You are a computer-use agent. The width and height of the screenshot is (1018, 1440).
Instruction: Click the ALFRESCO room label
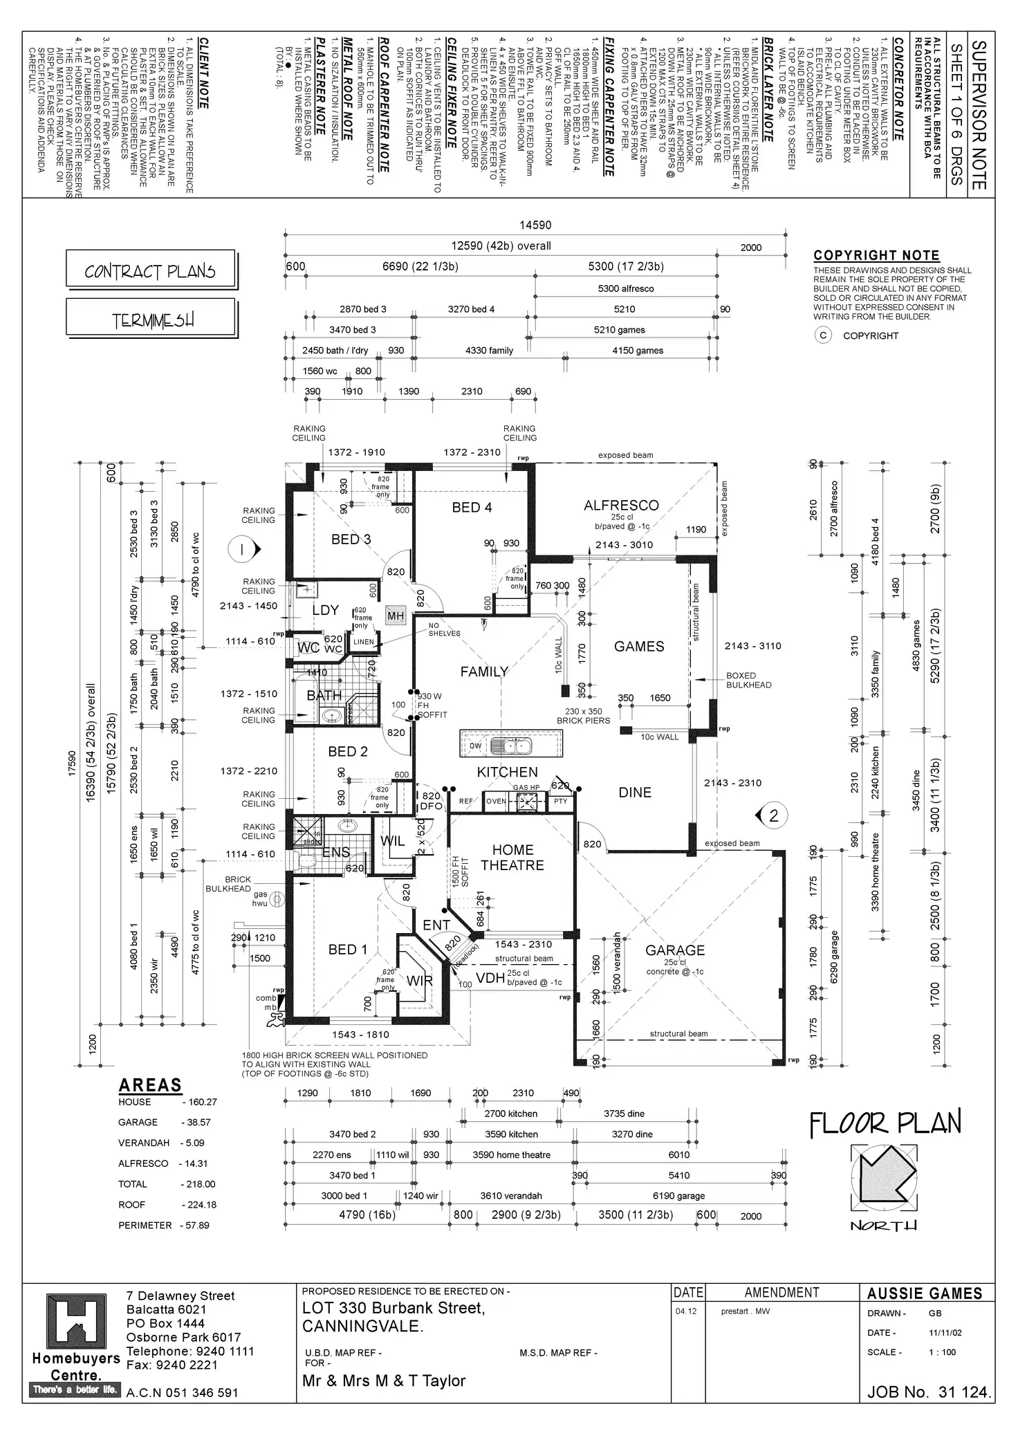point(621,506)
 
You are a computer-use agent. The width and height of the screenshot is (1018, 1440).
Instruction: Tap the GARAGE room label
point(675,950)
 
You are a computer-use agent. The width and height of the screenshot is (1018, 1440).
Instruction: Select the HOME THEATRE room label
point(512,858)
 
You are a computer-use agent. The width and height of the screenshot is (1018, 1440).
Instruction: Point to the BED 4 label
point(472,508)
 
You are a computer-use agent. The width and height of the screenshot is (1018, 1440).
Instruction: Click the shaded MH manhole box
point(395,616)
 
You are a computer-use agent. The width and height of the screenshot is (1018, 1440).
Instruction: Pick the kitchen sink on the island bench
point(510,746)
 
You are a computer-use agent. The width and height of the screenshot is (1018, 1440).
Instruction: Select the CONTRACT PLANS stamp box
point(150,270)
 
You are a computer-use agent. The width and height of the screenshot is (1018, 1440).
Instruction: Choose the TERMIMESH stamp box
point(152,320)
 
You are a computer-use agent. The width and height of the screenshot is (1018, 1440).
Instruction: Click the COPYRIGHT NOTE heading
point(876,256)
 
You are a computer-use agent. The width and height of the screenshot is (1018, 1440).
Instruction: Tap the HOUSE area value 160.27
point(199,1102)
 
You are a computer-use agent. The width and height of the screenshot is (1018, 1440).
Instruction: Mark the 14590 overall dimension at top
point(535,225)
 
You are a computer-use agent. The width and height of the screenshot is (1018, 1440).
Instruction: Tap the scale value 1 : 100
point(942,1351)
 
